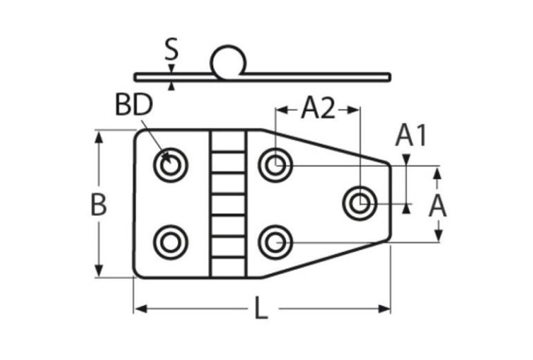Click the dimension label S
[x=172, y=50]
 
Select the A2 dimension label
[x=318, y=109]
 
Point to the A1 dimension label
[x=411, y=136]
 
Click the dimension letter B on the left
[x=99, y=206]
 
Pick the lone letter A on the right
[x=437, y=206]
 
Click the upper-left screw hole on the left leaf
[x=170, y=165]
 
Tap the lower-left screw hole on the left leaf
[x=170, y=242]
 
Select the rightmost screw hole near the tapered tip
[x=359, y=203]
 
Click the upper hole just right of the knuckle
[x=275, y=165]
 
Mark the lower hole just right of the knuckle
[x=275, y=242]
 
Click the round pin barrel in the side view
[x=228, y=61]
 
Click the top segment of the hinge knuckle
[x=228, y=141]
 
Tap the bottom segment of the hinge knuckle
[x=228, y=267]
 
